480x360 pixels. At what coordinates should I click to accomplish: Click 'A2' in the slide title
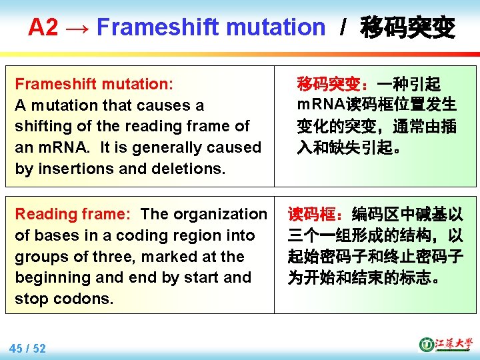coord(43,27)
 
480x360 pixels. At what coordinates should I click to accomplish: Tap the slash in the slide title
coord(343,27)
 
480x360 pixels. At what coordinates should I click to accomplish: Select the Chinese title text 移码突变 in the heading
coord(407,27)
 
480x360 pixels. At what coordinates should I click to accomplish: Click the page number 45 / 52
coord(28,348)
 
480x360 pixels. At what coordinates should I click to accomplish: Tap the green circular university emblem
coord(426,345)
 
